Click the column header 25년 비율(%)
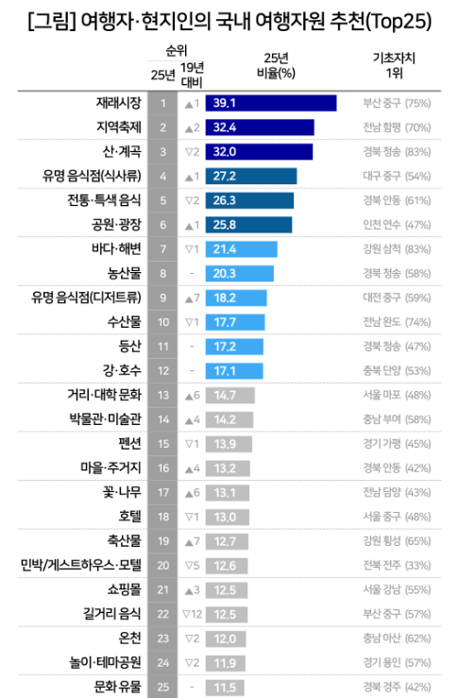tap(275, 64)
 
